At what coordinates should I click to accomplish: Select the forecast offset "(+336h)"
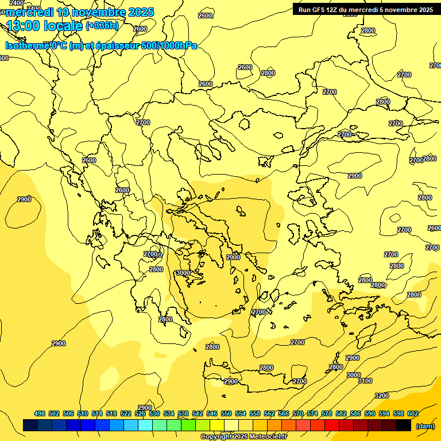tap(102, 25)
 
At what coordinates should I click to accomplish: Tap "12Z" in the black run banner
tap(332, 10)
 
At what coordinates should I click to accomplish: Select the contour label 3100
tap(365, 381)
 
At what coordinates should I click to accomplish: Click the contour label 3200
tap(382, 396)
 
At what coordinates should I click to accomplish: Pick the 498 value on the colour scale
tap(40, 413)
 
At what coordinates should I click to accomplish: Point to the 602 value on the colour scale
tap(413, 413)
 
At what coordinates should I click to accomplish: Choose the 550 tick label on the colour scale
tap(226, 413)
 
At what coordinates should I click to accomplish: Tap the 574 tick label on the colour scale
tap(312, 413)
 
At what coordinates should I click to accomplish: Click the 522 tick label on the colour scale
tap(126, 413)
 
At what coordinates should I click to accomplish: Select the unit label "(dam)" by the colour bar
tap(425, 426)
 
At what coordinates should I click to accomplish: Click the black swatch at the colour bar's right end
tap(404, 425)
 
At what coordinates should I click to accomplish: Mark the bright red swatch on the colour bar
tap(332, 425)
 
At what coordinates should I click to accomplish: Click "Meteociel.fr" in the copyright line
tap(266, 437)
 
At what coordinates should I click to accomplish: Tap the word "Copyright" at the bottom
tap(216, 437)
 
